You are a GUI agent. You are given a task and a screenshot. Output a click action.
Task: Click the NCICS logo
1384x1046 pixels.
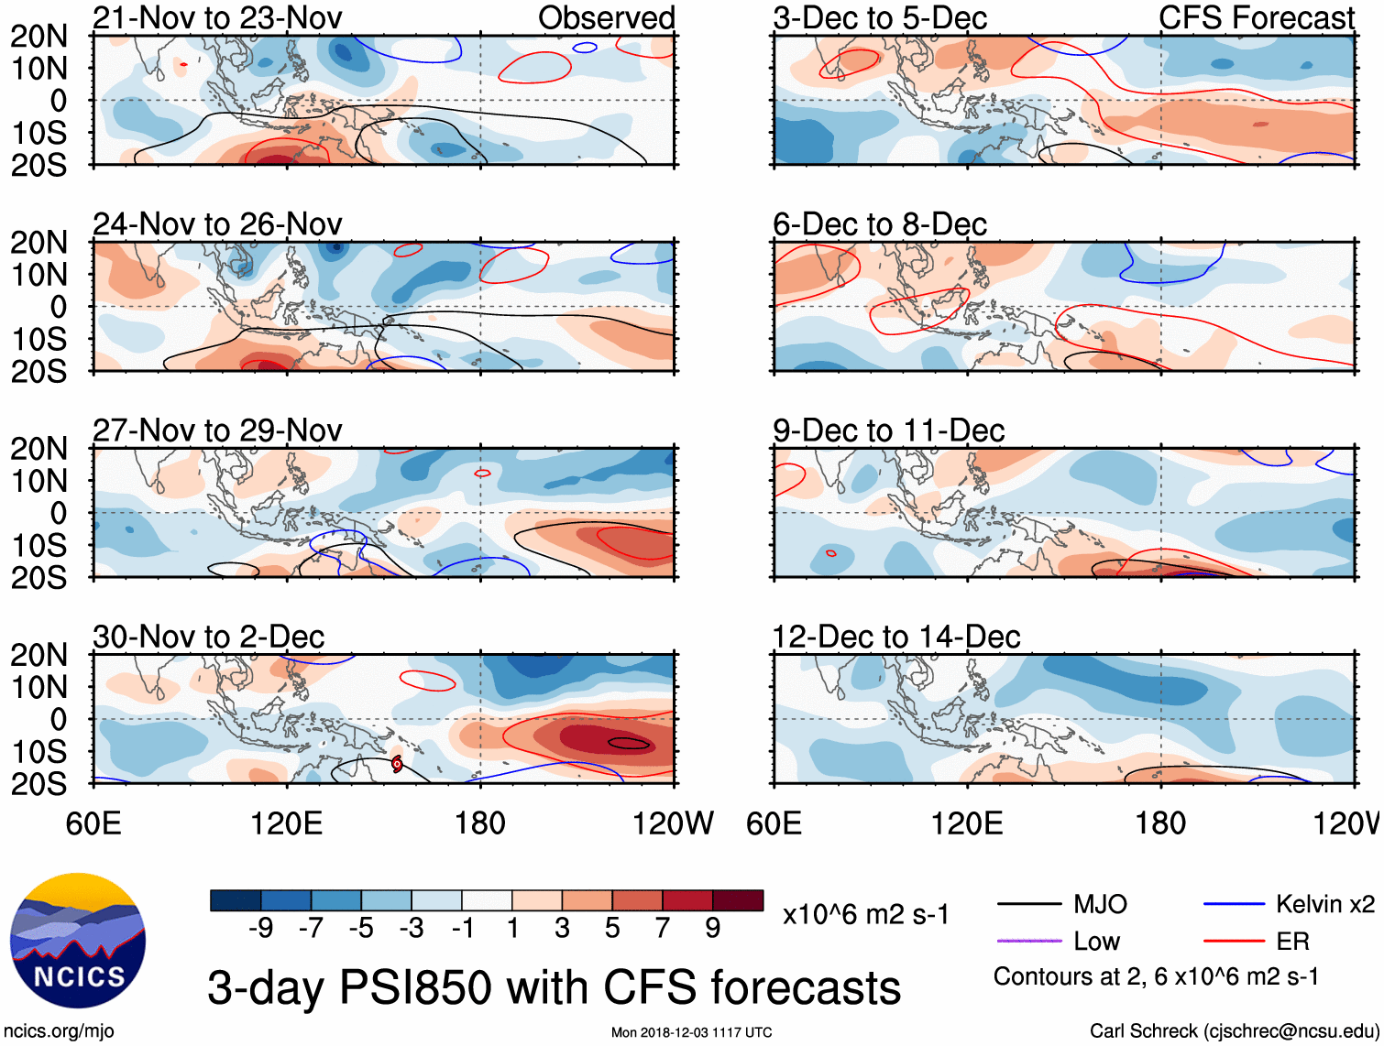pyautogui.click(x=78, y=942)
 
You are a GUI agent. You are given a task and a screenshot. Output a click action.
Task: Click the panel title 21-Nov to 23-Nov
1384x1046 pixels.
pyautogui.click(x=217, y=17)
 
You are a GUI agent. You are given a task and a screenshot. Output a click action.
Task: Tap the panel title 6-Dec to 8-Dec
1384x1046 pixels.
pyautogui.click(x=879, y=224)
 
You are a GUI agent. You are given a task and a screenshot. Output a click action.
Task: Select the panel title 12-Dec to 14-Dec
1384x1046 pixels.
pyautogui.click(x=895, y=637)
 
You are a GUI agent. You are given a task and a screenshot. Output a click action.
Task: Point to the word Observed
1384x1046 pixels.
pyautogui.click(x=606, y=17)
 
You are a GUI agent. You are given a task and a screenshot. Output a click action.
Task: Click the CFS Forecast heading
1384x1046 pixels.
pyautogui.click(x=1256, y=17)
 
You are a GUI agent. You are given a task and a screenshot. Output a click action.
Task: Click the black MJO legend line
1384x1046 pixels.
pyautogui.click(x=1029, y=905)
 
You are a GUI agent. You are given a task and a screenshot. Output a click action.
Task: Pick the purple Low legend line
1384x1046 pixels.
pyautogui.click(x=1029, y=941)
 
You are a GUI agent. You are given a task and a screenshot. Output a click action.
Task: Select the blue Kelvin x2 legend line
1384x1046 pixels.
pyautogui.click(x=1234, y=905)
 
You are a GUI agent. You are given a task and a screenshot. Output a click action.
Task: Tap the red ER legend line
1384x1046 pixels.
pyautogui.click(x=1234, y=941)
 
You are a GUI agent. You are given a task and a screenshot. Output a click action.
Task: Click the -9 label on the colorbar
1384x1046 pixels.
pyautogui.click(x=260, y=929)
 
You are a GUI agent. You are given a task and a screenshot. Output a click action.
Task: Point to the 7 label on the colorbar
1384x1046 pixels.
pyautogui.click(x=663, y=929)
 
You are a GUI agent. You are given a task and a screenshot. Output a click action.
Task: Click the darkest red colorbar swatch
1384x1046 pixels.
pyautogui.click(x=738, y=900)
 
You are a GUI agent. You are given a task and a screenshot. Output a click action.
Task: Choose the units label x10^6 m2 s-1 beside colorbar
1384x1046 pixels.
pyautogui.click(x=865, y=915)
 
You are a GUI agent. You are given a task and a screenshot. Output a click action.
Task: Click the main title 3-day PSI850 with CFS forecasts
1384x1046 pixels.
pyautogui.click(x=554, y=988)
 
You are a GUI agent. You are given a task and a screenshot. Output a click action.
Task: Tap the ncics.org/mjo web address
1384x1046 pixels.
pyautogui.click(x=59, y=1031)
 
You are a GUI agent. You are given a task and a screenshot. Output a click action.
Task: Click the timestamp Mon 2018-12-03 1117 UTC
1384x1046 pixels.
pyautogui.click(x=691, y=1032)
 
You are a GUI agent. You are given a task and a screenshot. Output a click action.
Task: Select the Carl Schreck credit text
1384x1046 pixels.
pyautogui.click(x=1234, y=1031)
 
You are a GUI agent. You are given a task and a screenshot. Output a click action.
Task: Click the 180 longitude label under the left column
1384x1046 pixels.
pyautogui.click(x=480, y=823)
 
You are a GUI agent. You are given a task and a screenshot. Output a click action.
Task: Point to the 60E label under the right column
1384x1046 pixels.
pyautogui.click(x=774, y=823)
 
